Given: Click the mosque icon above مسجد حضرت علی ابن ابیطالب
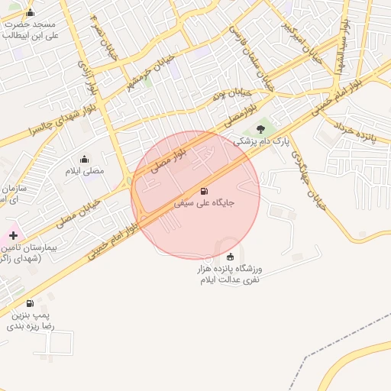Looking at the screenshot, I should [x=30, y=12].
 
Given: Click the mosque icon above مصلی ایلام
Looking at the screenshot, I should [x=85, y=159].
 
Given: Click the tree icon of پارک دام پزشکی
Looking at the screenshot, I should [x=261, y=129].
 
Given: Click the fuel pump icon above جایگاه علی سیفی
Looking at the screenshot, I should [x=203, y=191].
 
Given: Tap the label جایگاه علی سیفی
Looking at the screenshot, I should [x=204, y=204].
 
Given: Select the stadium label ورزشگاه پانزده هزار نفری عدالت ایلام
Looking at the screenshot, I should [x=230, y=274].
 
